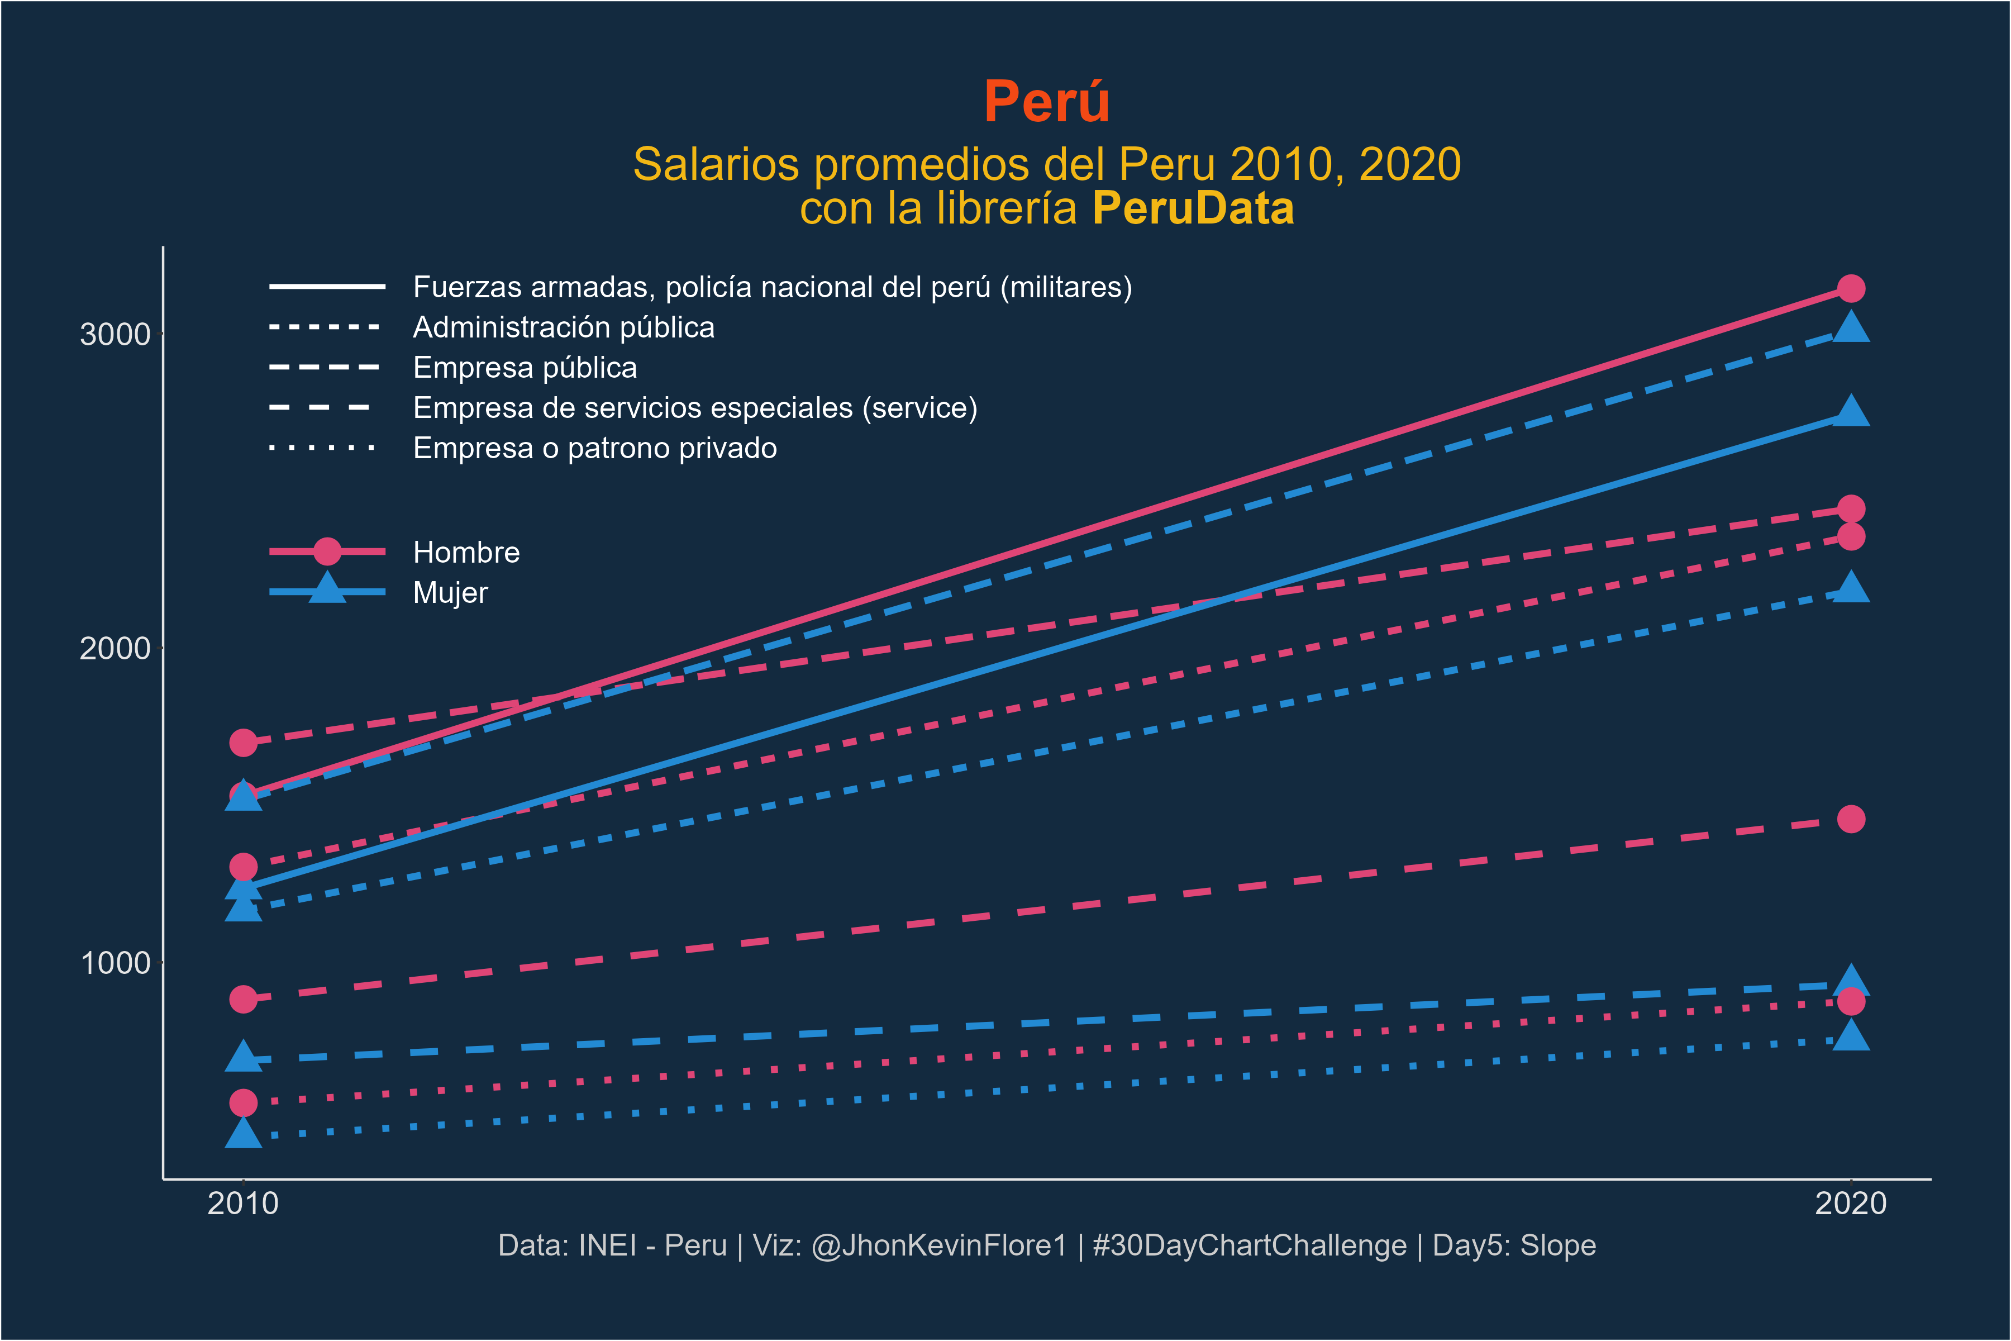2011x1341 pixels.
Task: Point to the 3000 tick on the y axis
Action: click(x=115, y=334)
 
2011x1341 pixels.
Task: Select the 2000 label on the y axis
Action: click(x=115, y=648)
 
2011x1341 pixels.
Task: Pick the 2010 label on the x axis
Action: click(x=243, y=1204)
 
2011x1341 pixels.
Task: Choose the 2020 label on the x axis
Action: click(x=1850, y=1204)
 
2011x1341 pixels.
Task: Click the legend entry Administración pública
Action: click(x=564, y=327)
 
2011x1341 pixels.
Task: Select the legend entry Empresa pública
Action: click(x=525, y=368)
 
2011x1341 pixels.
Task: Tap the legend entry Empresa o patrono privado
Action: click(x=595, y=448)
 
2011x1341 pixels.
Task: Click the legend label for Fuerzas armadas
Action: click(x=772, y=287)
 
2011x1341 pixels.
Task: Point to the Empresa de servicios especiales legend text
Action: click(x=695, y=408)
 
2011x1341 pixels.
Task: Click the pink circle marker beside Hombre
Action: click(x=327, y=551)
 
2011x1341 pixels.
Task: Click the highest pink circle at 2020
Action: click(x=1850, y=289)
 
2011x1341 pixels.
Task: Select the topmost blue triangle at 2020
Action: click(x=1850, y=327)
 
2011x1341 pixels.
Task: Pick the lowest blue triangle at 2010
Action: click(x=243, y=1134)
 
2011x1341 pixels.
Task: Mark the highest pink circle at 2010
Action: click(x=243, y=743)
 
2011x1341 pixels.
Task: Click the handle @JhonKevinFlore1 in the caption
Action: click(x=939, y=1245)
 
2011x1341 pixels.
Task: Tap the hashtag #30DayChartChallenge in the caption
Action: click(x=1249, y=1245)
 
